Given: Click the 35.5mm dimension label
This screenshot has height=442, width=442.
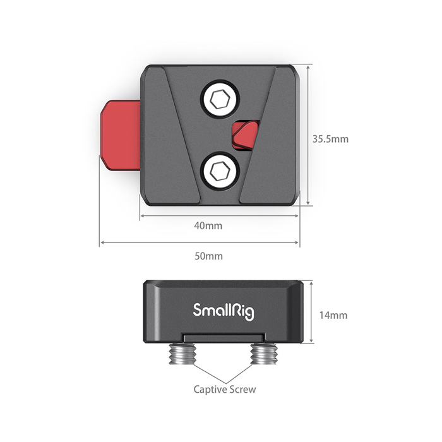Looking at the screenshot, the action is click(x=330, y=139).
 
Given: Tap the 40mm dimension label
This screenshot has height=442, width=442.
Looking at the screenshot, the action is click(x=208, y=226).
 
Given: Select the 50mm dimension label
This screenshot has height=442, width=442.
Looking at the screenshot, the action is click(x=208, y=256).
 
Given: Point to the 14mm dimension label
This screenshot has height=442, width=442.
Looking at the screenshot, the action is click(x=333, y=315).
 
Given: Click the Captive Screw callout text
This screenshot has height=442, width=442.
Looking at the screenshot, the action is click(x=225, y=390).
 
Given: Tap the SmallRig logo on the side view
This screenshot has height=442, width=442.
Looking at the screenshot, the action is click(x=224, y=312).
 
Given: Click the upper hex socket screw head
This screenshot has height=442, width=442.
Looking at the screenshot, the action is click(x=220, y=99).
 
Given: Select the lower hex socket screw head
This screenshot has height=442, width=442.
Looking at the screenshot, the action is click(x=220, y=171).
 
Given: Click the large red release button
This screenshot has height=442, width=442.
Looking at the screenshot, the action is click(x=121, y=135).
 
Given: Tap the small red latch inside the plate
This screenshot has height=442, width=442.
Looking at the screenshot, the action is click(x=246, y=134).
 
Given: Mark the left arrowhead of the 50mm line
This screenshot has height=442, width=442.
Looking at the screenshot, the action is click(x=102, y=242).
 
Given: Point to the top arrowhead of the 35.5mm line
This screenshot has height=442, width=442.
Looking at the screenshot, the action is click(x=308, y=68).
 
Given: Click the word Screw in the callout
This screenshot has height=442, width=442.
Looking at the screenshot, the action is click(x=242, y=390).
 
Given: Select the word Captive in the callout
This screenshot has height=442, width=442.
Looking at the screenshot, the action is click(x=210, y=390).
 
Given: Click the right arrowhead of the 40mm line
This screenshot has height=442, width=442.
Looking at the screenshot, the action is click(x=296, y=216).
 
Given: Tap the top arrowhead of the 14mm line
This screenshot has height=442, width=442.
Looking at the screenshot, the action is click(x=311, y=284).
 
